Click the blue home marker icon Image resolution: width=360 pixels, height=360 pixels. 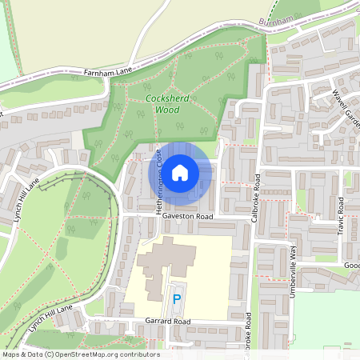(180, 172)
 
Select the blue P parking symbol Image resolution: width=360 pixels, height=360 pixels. (177, 300)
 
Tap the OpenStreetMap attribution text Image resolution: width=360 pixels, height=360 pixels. (80, 354)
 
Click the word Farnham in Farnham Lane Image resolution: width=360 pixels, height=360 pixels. (97, 73)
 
